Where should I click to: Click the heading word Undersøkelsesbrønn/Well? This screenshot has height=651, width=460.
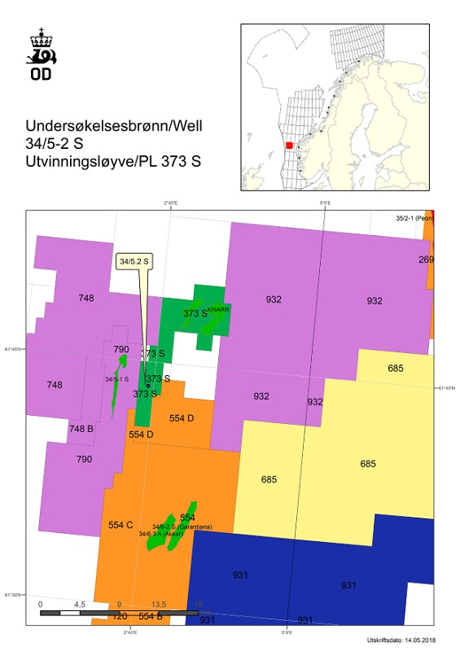(x=114, y=127)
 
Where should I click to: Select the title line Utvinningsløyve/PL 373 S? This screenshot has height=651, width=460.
(x=113, y=161)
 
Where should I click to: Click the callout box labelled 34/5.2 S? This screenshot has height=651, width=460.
(x=137, y=262)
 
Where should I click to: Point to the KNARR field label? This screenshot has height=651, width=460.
(x=217, y=311)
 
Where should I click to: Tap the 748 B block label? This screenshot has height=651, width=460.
(x=81, y=429)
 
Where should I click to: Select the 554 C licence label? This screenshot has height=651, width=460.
(x=120, y=525)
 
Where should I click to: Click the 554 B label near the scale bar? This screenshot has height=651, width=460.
(x=151, y=616)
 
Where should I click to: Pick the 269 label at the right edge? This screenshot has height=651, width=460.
(x=427, y=260)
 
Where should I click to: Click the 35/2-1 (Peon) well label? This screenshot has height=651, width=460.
(x=414, y=218)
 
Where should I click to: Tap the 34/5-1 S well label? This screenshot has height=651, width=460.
(x=116, y=379)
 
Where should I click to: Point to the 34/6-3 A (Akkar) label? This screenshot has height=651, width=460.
(x=161, y=534)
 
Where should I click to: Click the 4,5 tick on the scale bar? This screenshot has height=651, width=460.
(x=80, y=604)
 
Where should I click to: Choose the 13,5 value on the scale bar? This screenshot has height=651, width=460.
(x=159, y=604)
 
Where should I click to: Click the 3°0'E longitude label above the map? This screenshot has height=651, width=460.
(x=324, y=203)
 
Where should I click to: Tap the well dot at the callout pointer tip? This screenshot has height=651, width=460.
(x=147, y=386)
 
